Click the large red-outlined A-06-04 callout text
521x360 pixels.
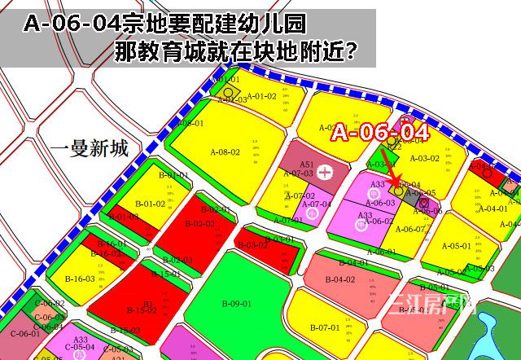[379, 133]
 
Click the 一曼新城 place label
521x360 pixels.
[88, 149]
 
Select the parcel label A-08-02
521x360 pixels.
[225, 152]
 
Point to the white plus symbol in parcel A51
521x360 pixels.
[325, 172]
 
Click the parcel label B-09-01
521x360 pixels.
[236, 305]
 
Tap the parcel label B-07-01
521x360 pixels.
[324, 327]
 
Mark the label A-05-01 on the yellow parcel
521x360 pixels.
[457, 246]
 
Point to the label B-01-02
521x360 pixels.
[150, 204]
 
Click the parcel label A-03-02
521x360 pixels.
[424, 159]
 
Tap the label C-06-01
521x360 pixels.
[24, 333]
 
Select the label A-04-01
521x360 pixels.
[493, 209]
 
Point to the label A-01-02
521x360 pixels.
[262, 96]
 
